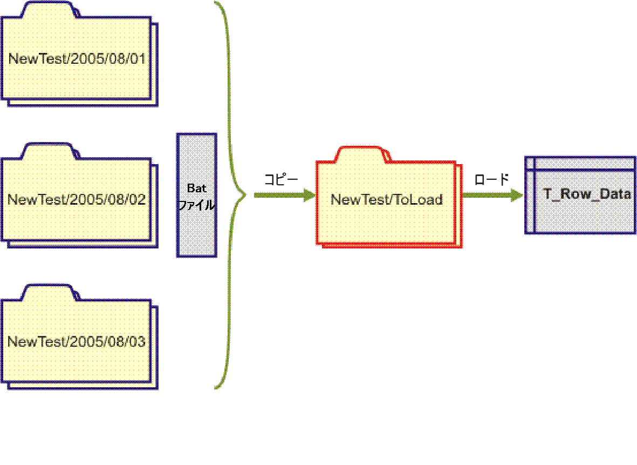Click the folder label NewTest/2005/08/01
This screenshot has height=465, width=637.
click(x=77, y=58)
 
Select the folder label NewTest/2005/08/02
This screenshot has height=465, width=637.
click(x=77, y=199)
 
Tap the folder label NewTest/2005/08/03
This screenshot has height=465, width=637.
click(x=77, y=341)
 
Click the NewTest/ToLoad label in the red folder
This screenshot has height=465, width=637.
click(x=386, y=199)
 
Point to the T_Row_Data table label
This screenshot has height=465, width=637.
click(x=587, y=194)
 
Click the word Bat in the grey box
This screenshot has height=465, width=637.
click(x=196, y=188)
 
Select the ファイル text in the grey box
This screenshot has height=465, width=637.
click(x=196, y=205)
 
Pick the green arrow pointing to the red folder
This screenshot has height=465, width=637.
click(x=284, y=195)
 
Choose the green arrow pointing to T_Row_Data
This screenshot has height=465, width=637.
click(x=492, y=195)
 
